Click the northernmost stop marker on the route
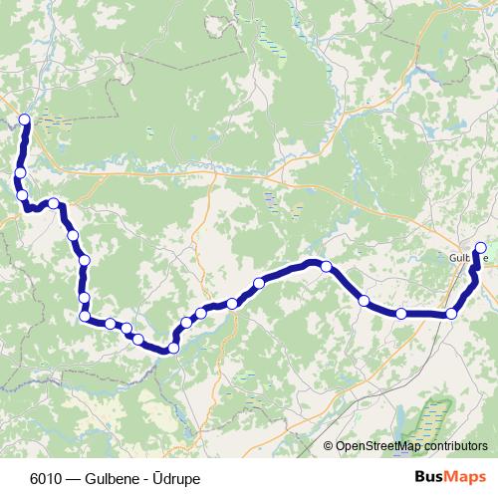[x=24, y=121]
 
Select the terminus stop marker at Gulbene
[x=481, y=248]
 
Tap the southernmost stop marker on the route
[x=173, y=348]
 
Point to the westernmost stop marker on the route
[x=20, y=173]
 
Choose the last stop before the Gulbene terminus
[x=452, y=314]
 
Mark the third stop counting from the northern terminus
[x=23, y=195]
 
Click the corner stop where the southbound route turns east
[x=85, y=317]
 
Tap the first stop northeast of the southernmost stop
[x=186, y=323]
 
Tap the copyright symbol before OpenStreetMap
[x=329, y=446]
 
